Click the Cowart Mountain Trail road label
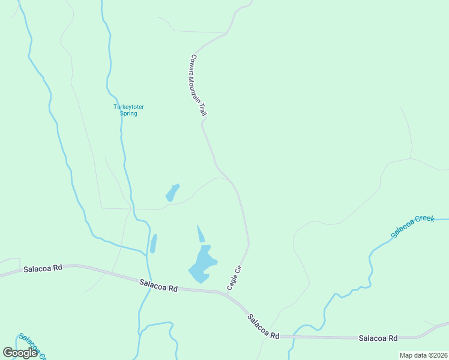pyautogui.click(x=198, y=85)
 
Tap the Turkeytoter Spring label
pyautogui.click(x=128, y=110)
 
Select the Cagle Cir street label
pyautogui.click(x=234, y=279)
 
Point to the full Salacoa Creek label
pyautogui.click(x=412, y=227)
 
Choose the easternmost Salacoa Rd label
pyautogui.click(x=378, y=338)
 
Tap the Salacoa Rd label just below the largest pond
pyautogui.click(x=158, y=285)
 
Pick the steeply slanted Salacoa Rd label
pyautogui.click(x=264, y=326)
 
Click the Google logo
pyautogui.click(x=20, y=353)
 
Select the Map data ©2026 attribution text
pyautogui.click(x=423, y=355)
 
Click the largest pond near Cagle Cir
pyautogui.click(x=202, y=264)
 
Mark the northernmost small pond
pyautogui.click(x=172, y=193)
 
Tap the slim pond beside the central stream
pyautogui.click(x=153, y=244)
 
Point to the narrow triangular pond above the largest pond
pyautogui.click(x=200, y=233)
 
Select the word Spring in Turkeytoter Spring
pyautogui.click(x=128, y=113)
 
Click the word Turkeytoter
pyautogui.click(x=128, y=107)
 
